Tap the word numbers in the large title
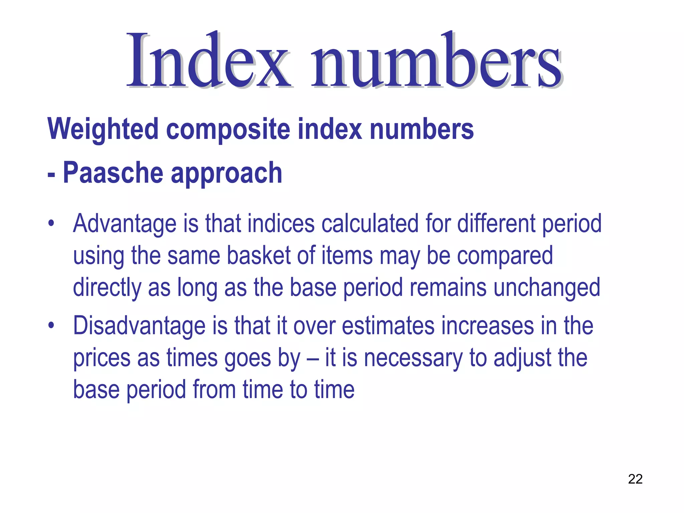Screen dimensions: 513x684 (436, 60)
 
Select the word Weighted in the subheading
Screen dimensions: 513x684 (103, 130)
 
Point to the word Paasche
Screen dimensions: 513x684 (113, 173)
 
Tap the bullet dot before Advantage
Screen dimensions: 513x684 (51, 223)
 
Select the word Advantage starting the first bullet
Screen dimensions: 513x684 (125, 224)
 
